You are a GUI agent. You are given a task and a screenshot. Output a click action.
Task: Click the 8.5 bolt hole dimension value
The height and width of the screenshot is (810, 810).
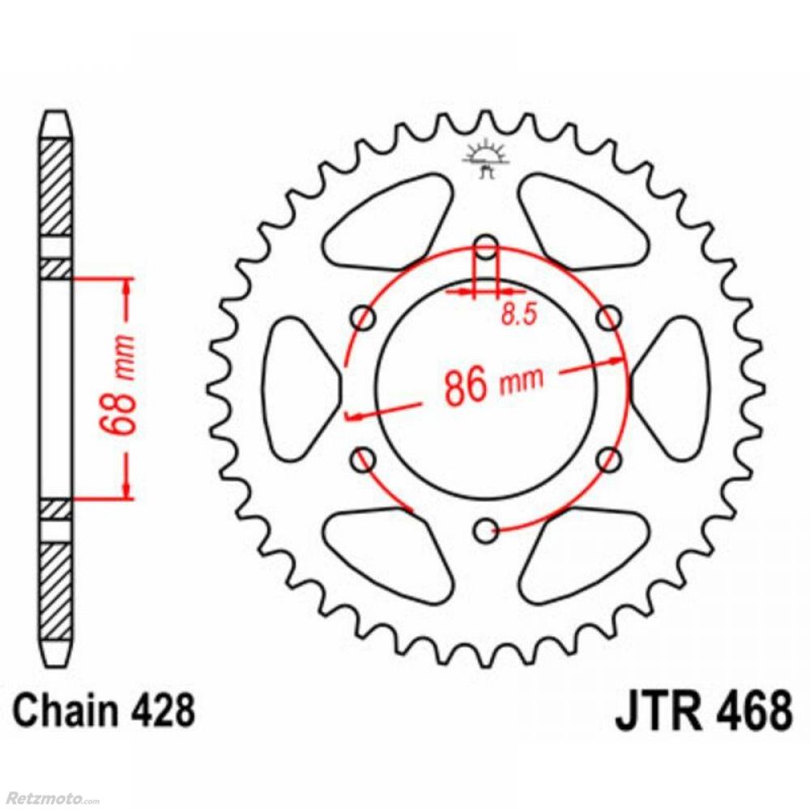520,314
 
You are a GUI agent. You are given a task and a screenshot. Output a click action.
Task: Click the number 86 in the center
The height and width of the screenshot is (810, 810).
466,386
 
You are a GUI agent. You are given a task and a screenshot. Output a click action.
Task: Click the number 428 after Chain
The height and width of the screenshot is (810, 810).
164,710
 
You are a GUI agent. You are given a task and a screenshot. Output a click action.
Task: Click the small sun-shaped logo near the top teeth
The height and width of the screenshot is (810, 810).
485,159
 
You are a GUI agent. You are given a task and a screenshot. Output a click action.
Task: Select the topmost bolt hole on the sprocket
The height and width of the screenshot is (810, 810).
485,247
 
